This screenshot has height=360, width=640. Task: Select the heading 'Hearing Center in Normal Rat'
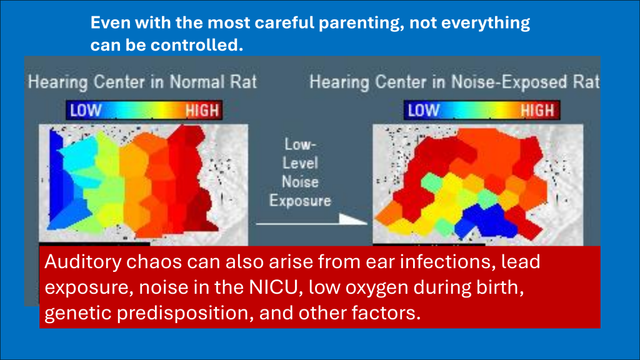pyautogui.click(x=142, y=82)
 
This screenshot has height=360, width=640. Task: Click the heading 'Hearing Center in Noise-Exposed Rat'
pyautogui.click(x=454, y=82)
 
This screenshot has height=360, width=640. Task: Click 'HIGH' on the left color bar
pyautogui.click(x=202, y=111)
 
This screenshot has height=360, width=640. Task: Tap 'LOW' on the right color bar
pyautogui.click(x=423, y=111)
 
